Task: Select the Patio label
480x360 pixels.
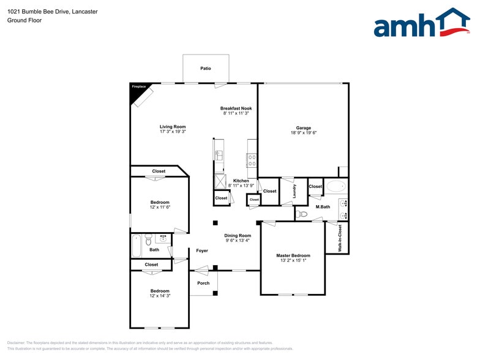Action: tap(206, 69)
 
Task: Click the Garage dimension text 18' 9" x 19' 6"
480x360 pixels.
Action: tap(304, 133)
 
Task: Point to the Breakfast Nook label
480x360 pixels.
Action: tap(236, 108)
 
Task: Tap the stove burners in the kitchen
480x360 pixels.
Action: tap(251, 160)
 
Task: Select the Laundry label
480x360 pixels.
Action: tap(294, 190)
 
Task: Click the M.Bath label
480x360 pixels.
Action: tap(323, 207)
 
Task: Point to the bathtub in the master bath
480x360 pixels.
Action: tap(336, 186)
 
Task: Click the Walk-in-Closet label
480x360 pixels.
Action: tap(340, 238)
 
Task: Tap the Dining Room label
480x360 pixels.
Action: tap(238, 236)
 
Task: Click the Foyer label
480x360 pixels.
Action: tap(202, 250)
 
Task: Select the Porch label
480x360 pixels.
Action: tap(203, 283)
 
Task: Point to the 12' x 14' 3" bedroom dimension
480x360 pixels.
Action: tap(160, 296)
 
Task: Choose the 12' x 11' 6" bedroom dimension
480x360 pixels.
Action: tap(160, 208)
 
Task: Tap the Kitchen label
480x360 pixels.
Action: tap(241, 181)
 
